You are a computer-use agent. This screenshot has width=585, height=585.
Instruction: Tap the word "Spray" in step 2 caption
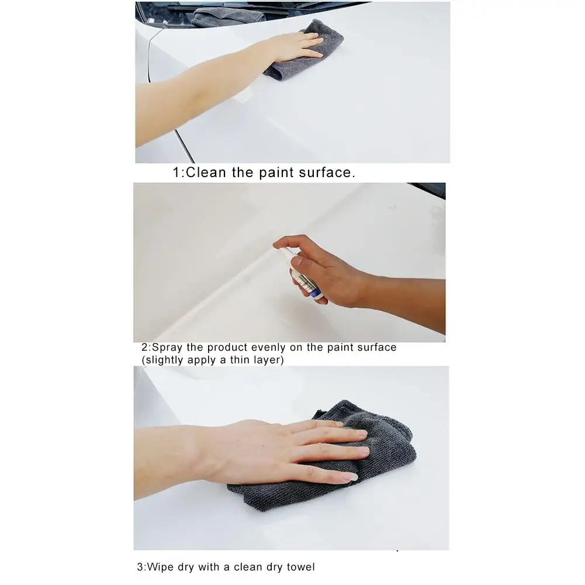pos(168,347)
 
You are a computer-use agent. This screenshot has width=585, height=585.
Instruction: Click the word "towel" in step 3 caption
pos(300,566)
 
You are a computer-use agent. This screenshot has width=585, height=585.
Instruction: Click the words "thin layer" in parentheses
pos(254,360)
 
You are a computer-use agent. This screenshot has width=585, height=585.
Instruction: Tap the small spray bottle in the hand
pos(300,274)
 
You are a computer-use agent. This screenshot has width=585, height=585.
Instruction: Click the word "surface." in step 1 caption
pos(326,172)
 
